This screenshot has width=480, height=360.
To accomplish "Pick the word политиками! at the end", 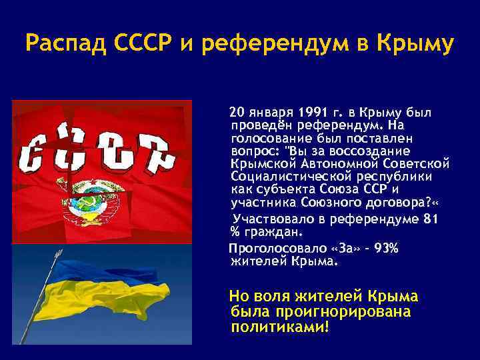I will [279, 327].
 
